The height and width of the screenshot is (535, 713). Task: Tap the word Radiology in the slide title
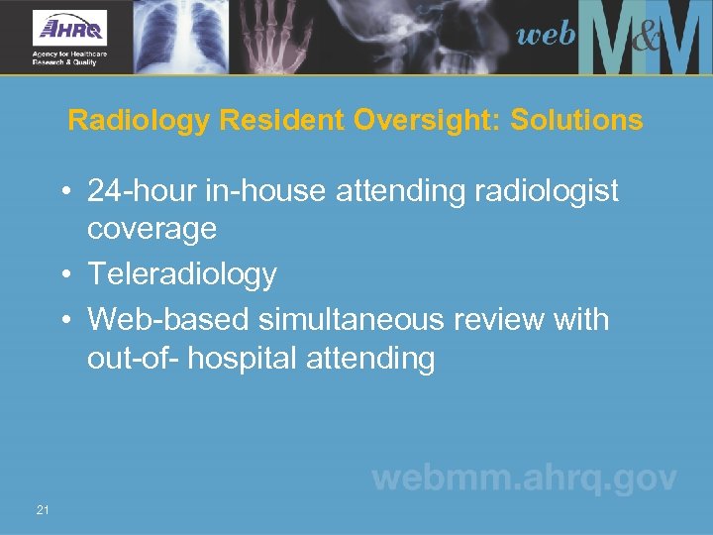139,121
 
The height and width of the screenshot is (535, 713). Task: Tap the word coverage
152,229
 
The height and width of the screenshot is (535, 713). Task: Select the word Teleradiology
182,274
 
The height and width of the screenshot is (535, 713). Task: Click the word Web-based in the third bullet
167,319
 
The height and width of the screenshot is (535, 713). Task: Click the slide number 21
43,510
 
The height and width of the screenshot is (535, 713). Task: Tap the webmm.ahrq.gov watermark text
524,479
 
